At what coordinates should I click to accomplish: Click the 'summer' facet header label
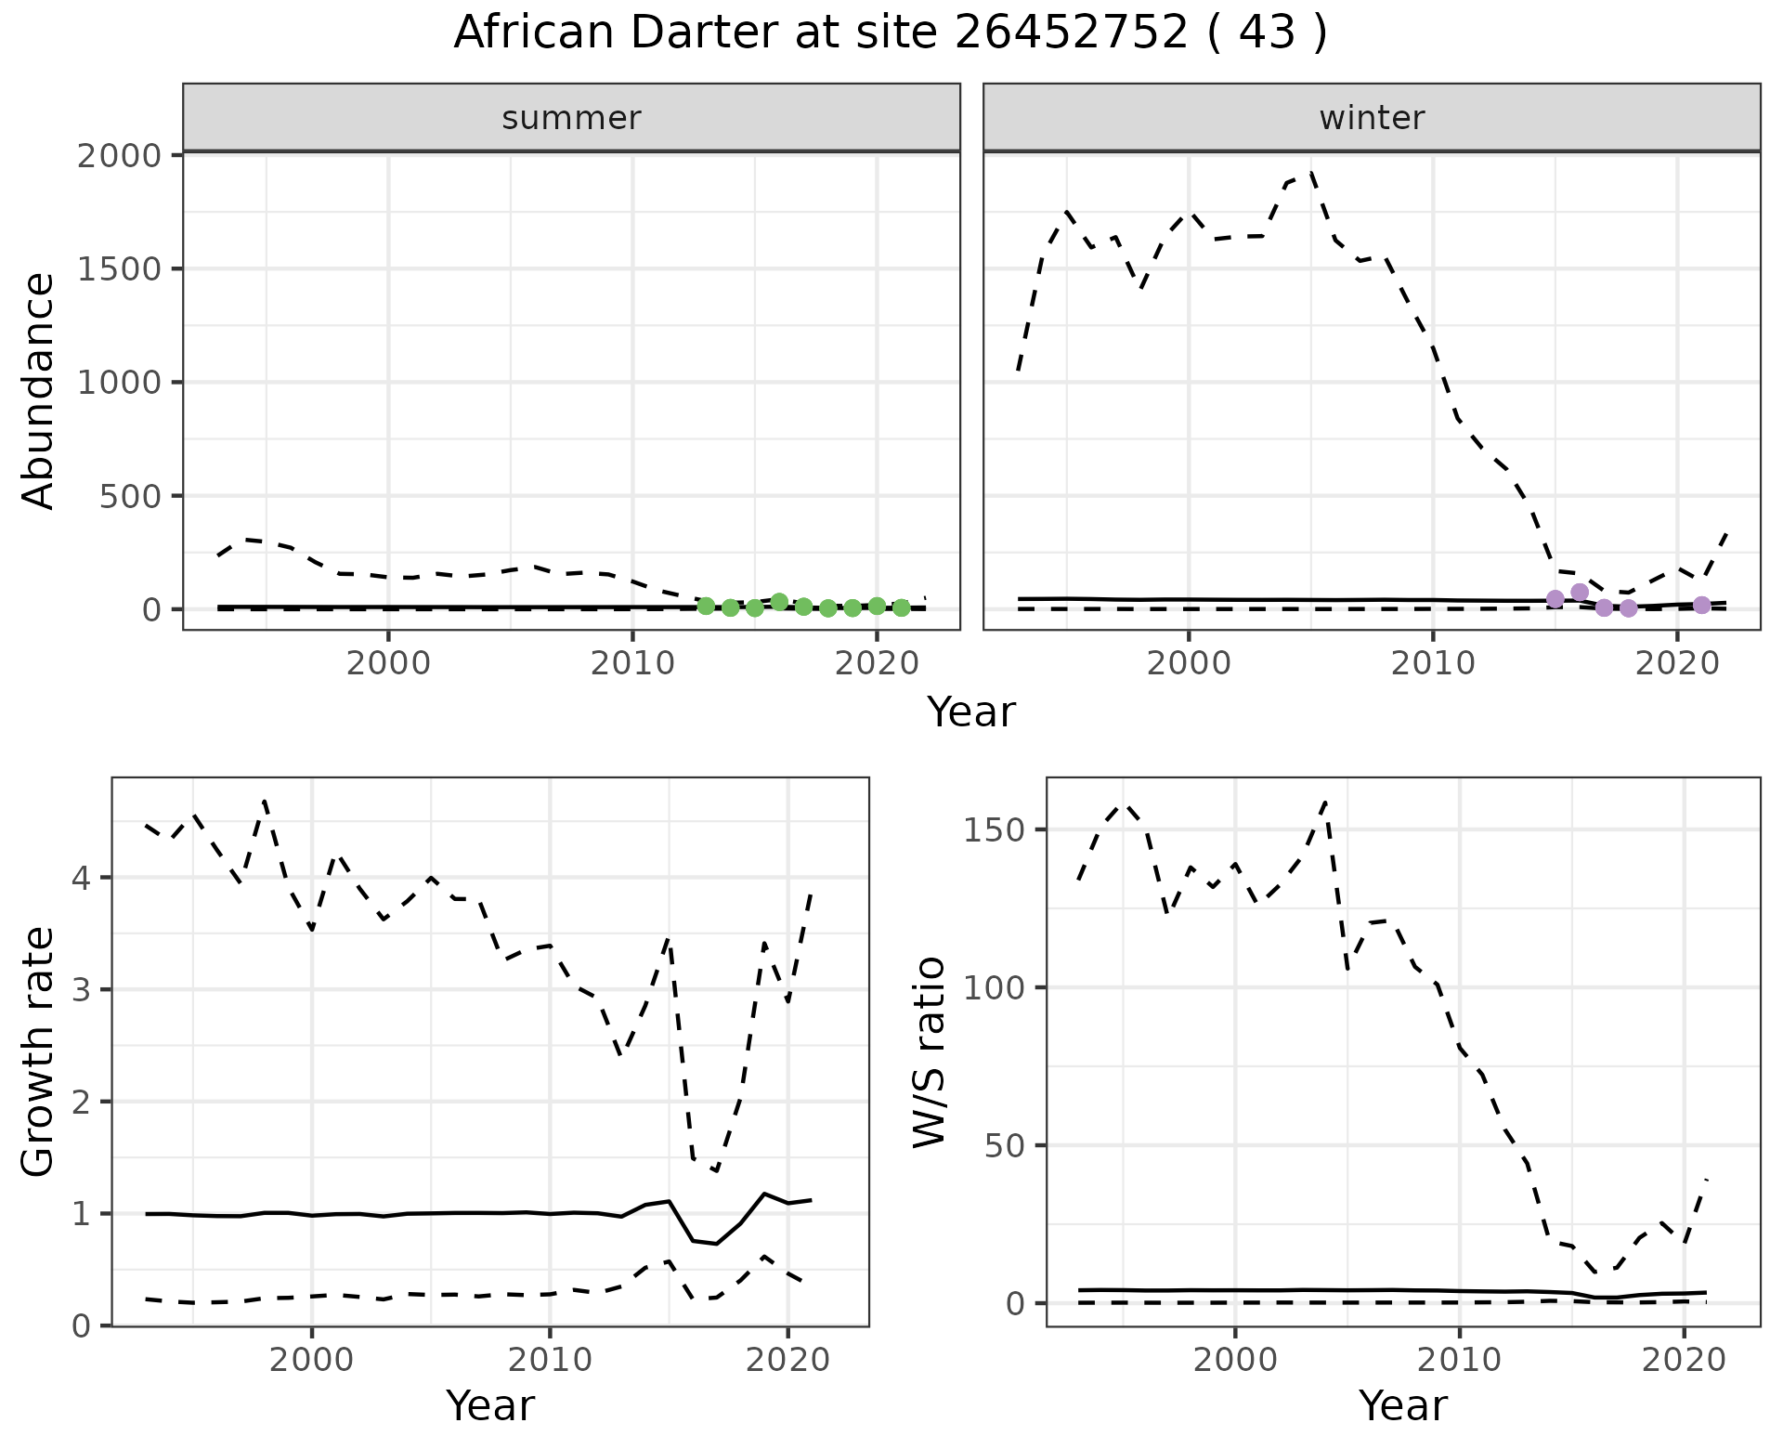coord(571,118)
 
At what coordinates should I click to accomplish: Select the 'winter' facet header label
coord(1372,118)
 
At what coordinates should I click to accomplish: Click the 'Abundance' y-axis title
coord(39,390)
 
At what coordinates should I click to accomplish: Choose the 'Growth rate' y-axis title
coord(39,1051)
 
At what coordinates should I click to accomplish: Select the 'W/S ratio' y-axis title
coord(930,1051)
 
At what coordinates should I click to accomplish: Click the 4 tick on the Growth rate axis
coord(82,878)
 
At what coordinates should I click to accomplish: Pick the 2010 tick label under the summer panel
coord(632,664)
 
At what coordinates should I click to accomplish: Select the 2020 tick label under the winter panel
coord(1676,664)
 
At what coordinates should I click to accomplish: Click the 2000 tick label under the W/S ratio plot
coord(1234,1361)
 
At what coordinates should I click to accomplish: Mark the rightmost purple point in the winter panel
coord(1701,605)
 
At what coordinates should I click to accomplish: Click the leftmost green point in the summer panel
coord(706,606)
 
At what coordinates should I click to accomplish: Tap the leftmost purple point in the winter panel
coord(1555,599)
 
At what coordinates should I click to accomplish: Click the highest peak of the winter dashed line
coord(1309,173)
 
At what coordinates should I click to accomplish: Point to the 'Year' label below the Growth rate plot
coord(490,1405)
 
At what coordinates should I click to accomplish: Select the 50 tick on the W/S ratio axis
coord(1003,1145)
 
